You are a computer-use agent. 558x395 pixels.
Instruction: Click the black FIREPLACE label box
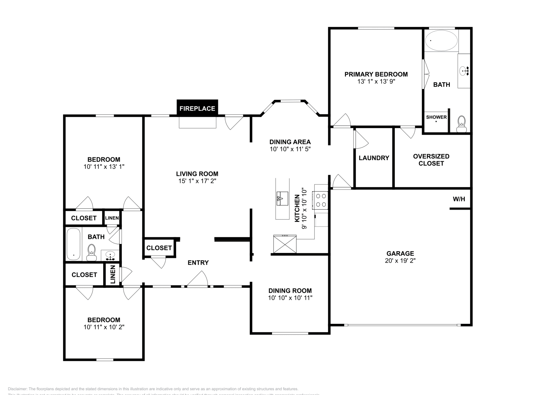coord(197,108)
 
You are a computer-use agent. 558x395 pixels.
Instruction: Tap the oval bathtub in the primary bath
coord(441,41)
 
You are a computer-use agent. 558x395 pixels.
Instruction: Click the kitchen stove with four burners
coord(321,200)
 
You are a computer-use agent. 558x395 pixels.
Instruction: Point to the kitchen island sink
coord(282,199)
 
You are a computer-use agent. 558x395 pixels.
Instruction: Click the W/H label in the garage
coord(459,199)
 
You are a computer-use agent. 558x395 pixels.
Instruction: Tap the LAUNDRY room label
coord(374,158)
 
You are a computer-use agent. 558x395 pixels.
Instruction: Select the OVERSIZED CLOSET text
coord(431,160)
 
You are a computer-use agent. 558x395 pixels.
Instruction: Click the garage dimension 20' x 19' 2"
coord(400,261)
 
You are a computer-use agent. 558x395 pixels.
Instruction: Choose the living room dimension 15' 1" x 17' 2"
coord(197,181)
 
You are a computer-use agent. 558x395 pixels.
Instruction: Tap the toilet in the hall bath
coord(92,253)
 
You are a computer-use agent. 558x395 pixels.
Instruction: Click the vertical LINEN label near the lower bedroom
coord(113,275)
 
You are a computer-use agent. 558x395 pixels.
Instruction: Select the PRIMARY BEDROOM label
coord(376,74)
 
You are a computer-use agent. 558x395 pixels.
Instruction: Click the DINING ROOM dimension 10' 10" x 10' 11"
coord(290,298)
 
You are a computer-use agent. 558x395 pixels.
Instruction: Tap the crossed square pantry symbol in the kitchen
coord(285,244)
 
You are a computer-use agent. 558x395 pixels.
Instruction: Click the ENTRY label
coord(198,263)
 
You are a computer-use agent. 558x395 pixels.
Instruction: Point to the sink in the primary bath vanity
coord(464,71)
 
